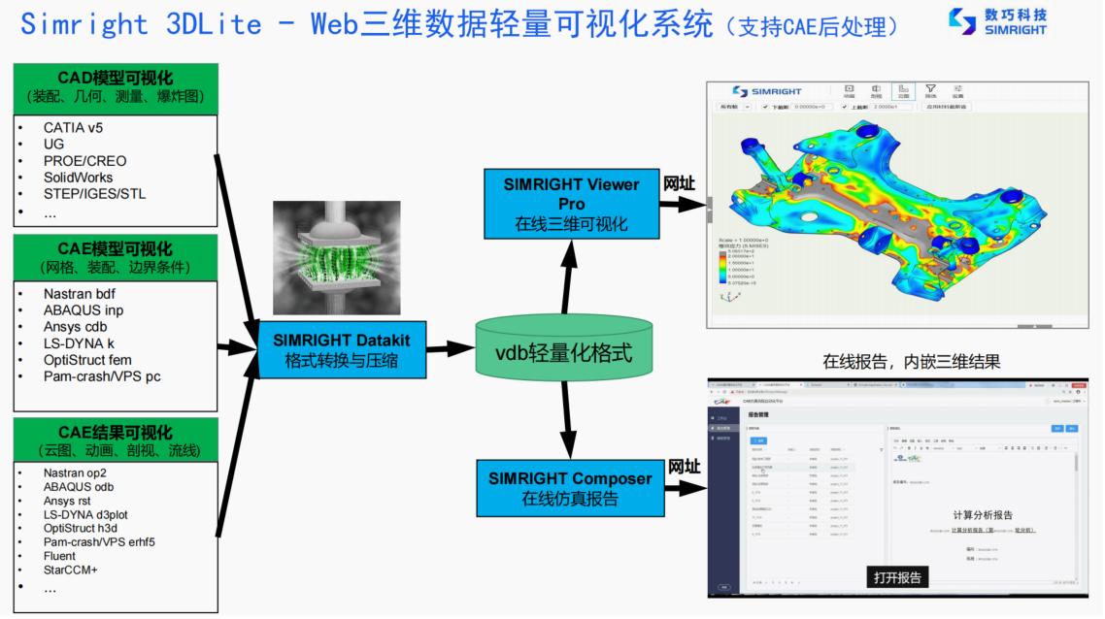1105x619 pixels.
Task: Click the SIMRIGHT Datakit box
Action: (x=341, y=349)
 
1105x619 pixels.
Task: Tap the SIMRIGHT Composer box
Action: (x=571, y=489)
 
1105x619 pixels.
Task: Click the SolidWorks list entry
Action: (x=78, y=178)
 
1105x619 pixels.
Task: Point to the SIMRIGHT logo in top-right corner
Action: (x=999, y=22)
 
